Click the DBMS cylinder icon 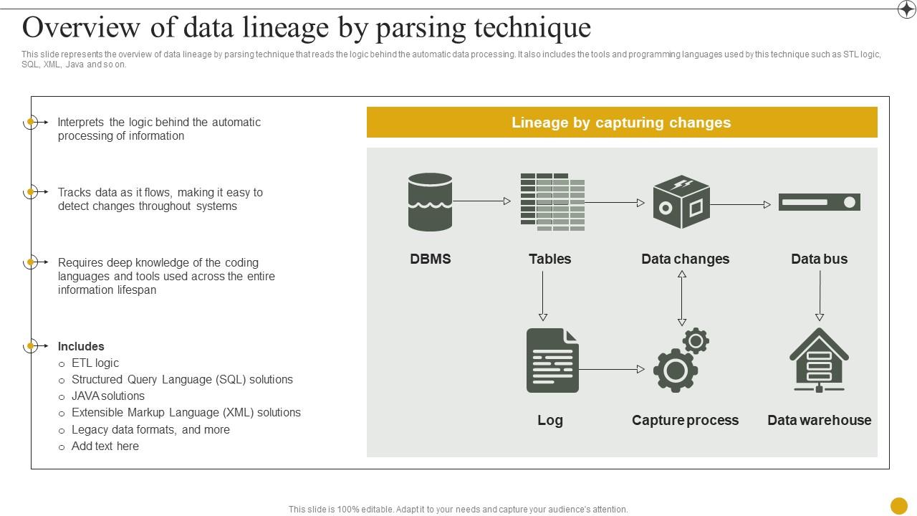[x=430, y=201]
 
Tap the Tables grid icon [x=552, y=201]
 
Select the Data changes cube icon [x=681, y=202]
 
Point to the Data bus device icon [x=819, y=202]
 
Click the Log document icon [x=552, y=360]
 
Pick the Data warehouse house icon [x=819, y=360]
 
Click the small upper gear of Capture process [x=696, y=340]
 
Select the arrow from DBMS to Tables [x=481, y=201]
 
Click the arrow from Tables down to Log [x=543, y=296]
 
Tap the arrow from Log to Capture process [x=611, y=369]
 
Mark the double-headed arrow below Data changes [x=682, y=298]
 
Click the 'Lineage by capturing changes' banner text [x=621, y=123]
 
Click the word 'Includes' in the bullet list [x=81, y=346]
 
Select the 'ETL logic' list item [x=95, y=363]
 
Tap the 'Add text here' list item [x=105, y=446]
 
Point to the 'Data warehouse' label [x=819, y=420]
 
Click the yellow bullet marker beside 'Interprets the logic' [x=31, y=122]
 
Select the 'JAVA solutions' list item [x=108, y=396]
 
